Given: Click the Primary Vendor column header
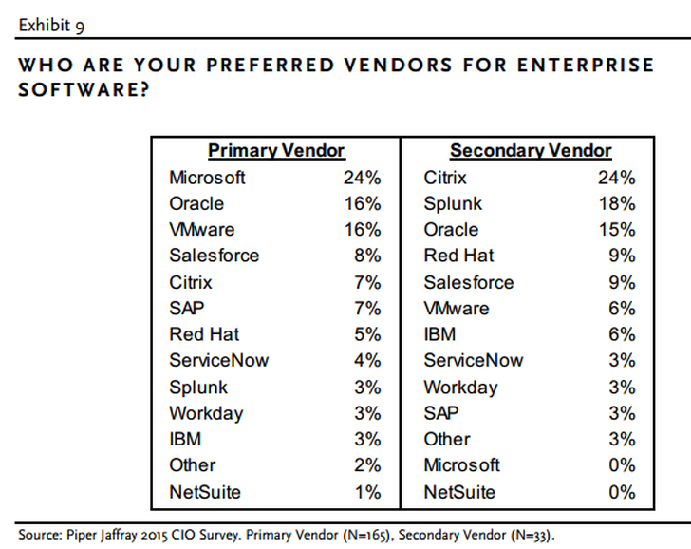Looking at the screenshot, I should pos(276,151).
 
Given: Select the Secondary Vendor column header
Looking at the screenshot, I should pos(531,151).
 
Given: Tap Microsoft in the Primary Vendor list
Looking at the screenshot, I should pos(207,178).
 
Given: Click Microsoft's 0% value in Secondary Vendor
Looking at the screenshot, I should pos(621,465).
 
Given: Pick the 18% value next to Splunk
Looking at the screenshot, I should pos(619,204).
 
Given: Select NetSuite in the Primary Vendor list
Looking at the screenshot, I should pos(205,492).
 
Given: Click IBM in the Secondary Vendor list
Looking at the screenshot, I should pos(439,334).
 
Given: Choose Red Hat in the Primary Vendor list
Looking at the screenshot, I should pos(204,334).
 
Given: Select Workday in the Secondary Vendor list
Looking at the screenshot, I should pos(460,387).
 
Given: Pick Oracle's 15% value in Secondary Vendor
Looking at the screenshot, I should pos(619,230).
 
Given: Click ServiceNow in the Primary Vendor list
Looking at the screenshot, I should pos(218,361).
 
